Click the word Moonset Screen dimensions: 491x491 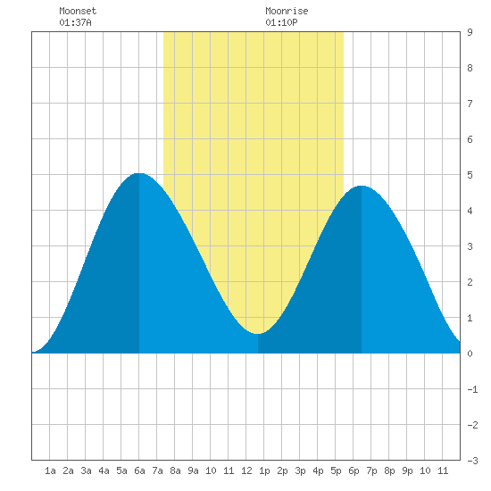coord(78,11)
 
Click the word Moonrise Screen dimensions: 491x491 coord(287,11)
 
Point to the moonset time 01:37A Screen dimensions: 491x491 coord(75,22)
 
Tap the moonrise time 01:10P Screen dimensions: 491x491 coord(281,22)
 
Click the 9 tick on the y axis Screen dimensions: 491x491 coord(470,32)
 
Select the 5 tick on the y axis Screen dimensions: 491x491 coord(470,175)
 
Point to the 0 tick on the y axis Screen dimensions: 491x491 coord(470,354)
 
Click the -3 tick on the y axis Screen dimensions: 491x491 coord(472,461)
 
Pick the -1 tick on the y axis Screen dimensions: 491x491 coord(472,389)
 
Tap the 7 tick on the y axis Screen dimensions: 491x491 coord(470,104)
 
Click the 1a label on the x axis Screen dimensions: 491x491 coord(50,470)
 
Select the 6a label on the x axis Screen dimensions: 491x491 coord(139,470)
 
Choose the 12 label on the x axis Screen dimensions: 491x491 coord(246,470)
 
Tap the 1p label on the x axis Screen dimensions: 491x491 coord(264,470)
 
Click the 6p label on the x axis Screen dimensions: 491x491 coord(354,470)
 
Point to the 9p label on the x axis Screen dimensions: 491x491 coord(407,470)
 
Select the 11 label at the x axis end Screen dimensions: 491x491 coord(443,470)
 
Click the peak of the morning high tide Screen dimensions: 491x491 coord(139,173)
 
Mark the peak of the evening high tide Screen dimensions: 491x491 coord(362,186)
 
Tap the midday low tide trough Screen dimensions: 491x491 coord(257,334)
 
